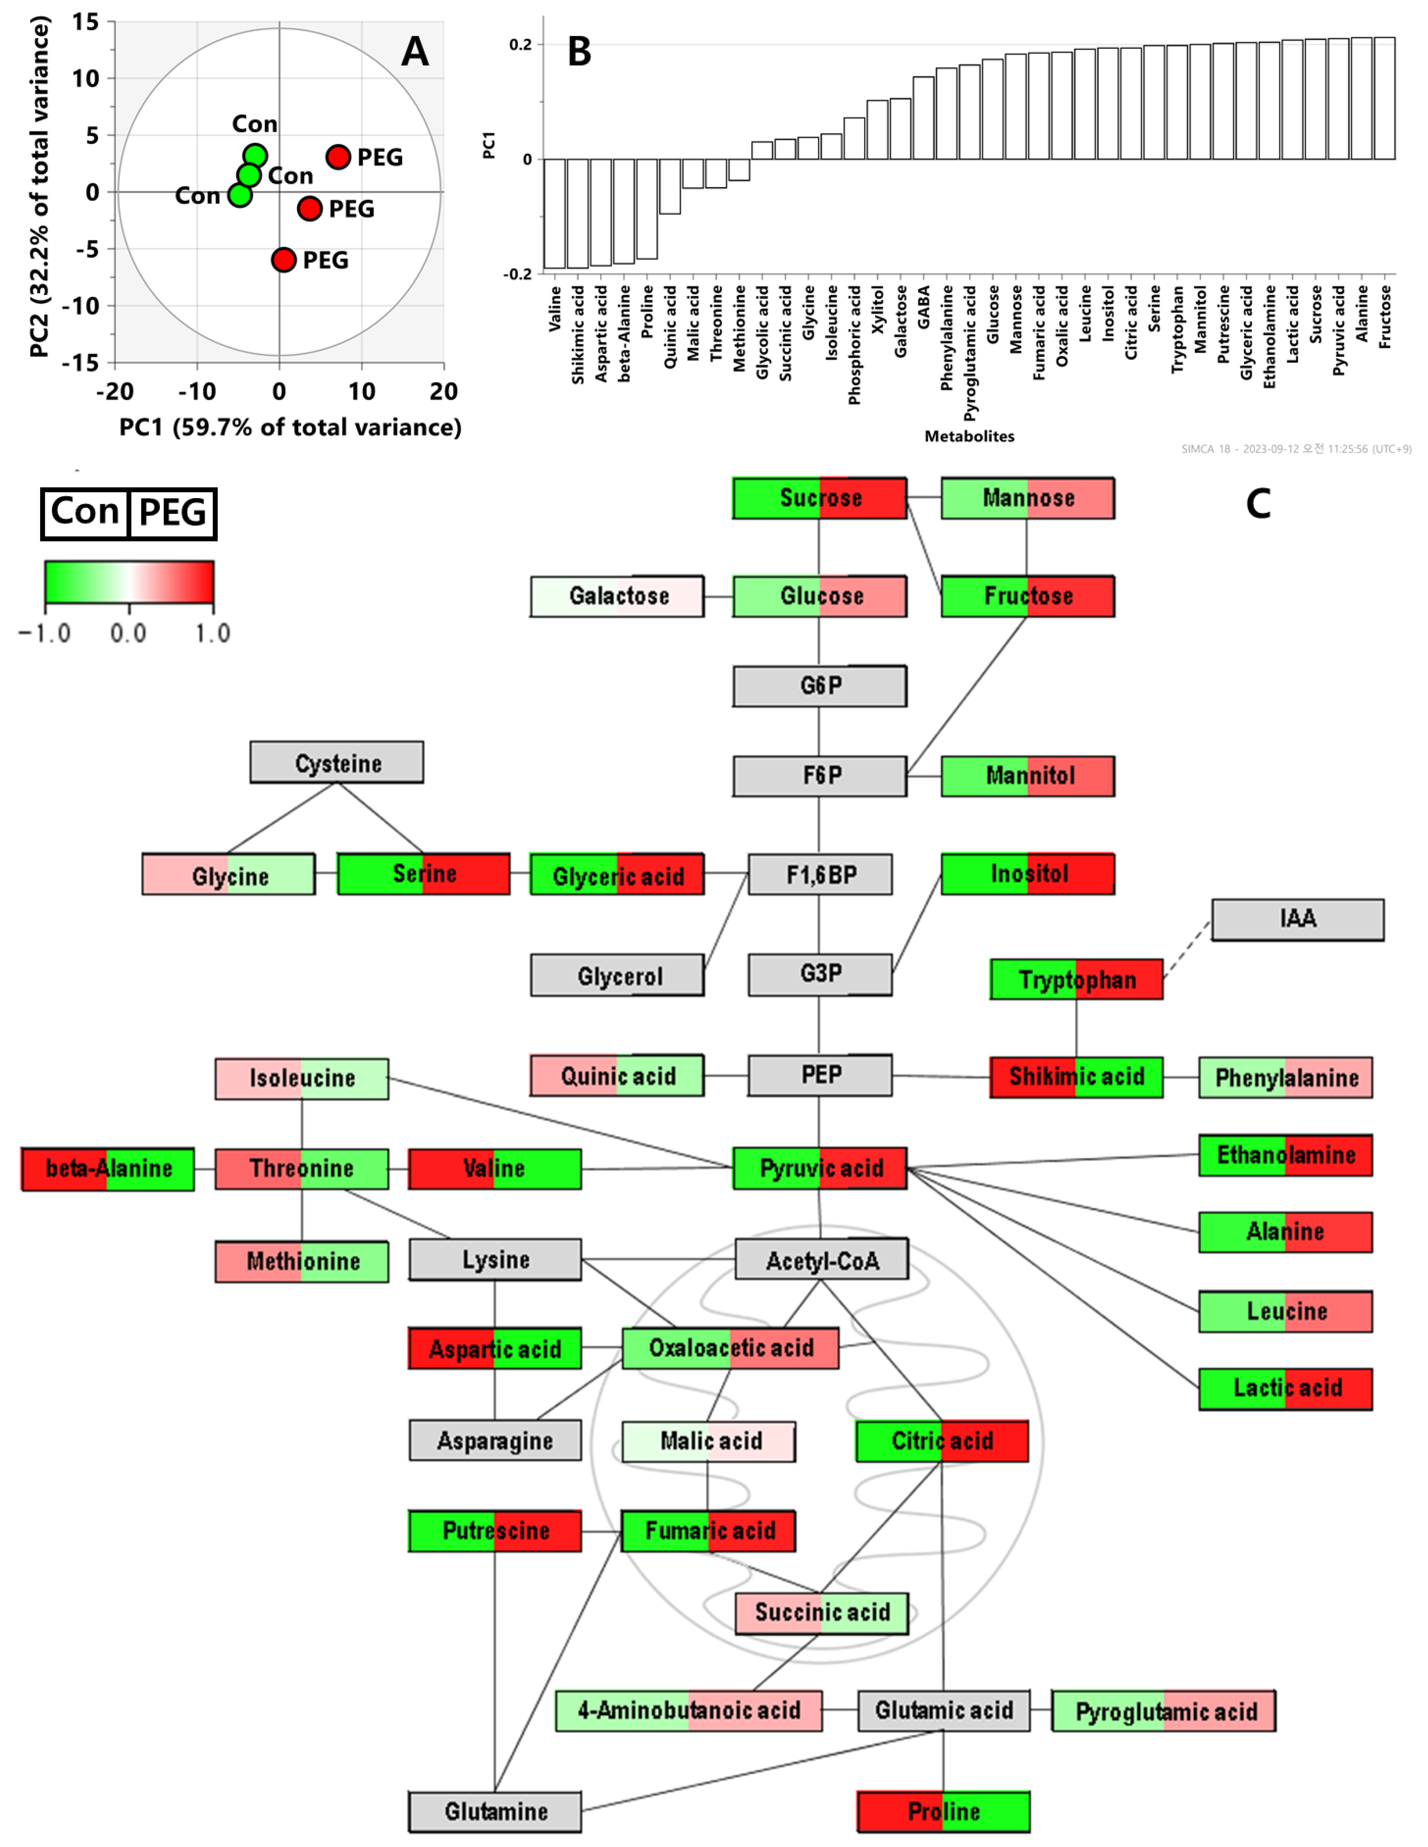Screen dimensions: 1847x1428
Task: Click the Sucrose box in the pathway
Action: click(x=819, y=498)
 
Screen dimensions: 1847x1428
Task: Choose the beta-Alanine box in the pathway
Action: click(x=108, y=1169)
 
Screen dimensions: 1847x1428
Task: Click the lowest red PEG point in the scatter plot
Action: click(x=284, y=260)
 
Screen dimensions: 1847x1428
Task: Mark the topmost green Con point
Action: click(x=255, y=156)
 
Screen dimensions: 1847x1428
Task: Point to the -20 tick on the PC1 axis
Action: click(x=115, y=391)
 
